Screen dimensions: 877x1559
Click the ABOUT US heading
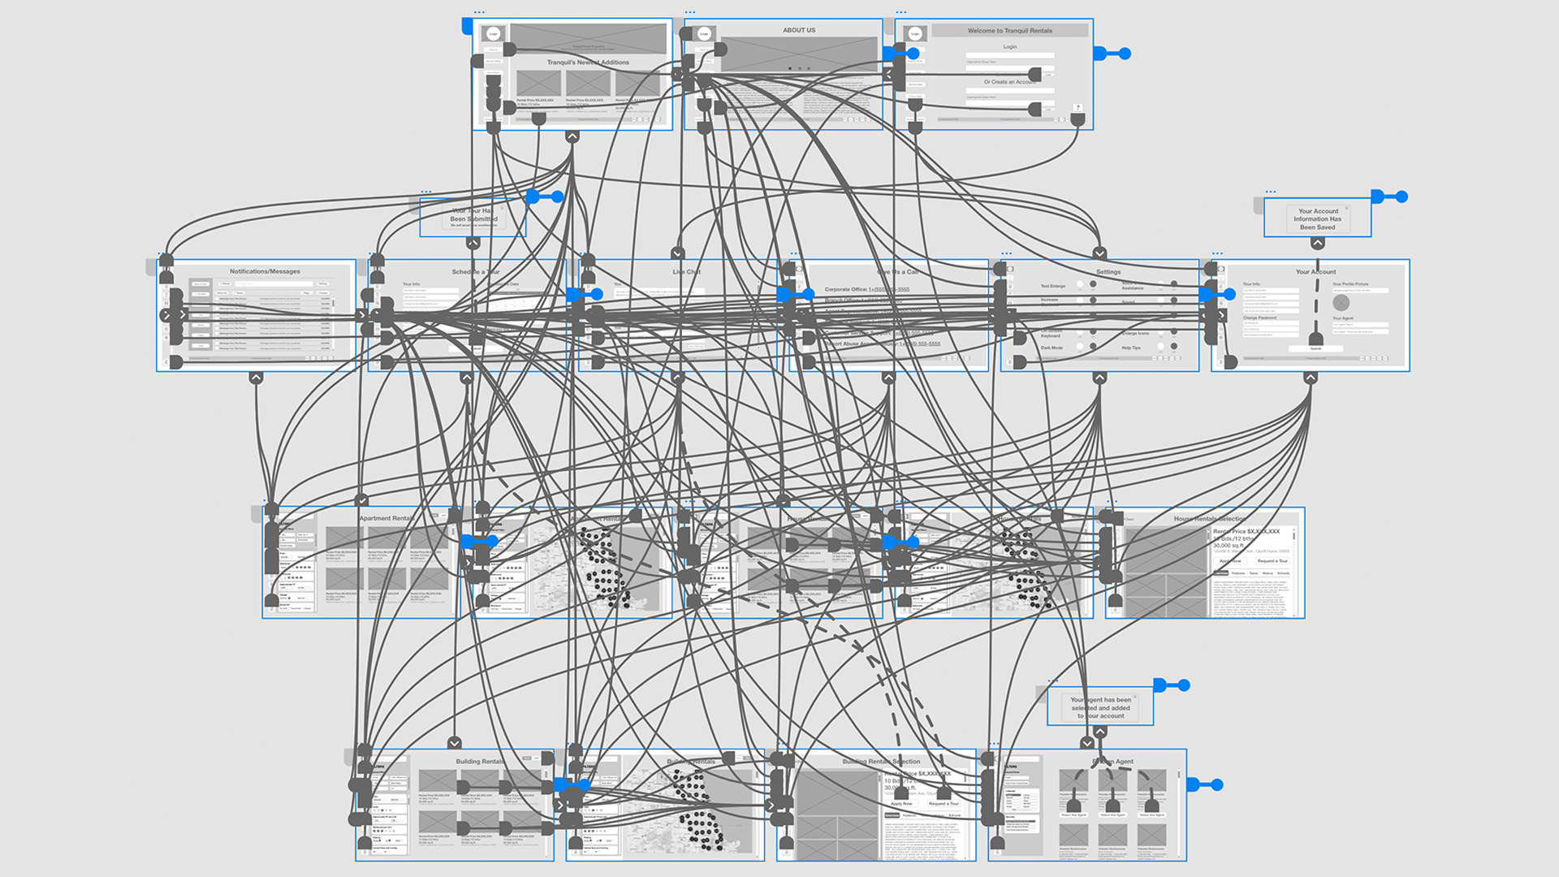click(x=799, y=30)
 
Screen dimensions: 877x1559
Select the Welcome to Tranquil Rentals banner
click(x=1009, y=31)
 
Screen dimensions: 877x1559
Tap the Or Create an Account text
click(x=1008, y=82)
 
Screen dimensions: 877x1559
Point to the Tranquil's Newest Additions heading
click(x=588, y=63)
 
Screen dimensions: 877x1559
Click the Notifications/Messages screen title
click(x=265, y=271)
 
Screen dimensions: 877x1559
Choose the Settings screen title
click(x=1108, y=272)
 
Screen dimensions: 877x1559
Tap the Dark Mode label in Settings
click(x=1052, y=348)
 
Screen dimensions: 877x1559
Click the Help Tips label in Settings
click(x=1131, y=348)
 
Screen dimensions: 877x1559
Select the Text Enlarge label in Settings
click(x=1053, y=286)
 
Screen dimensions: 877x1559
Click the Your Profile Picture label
click(x=1350, y=284)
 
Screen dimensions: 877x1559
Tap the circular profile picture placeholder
click(x=1341, y=303)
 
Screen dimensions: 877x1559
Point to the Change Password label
click(x=1259, y=318)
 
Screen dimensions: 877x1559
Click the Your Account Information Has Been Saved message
click(x=1317, y=219)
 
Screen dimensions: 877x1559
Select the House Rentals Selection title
click(x=1209, y=519)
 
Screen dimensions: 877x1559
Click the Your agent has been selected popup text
click(x=1100, y=707)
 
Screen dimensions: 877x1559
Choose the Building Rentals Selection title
click(x=881, y=762)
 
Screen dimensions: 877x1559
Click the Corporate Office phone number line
click(x=867, y=289)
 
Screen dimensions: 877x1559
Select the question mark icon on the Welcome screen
click(x=1078, y=107)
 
